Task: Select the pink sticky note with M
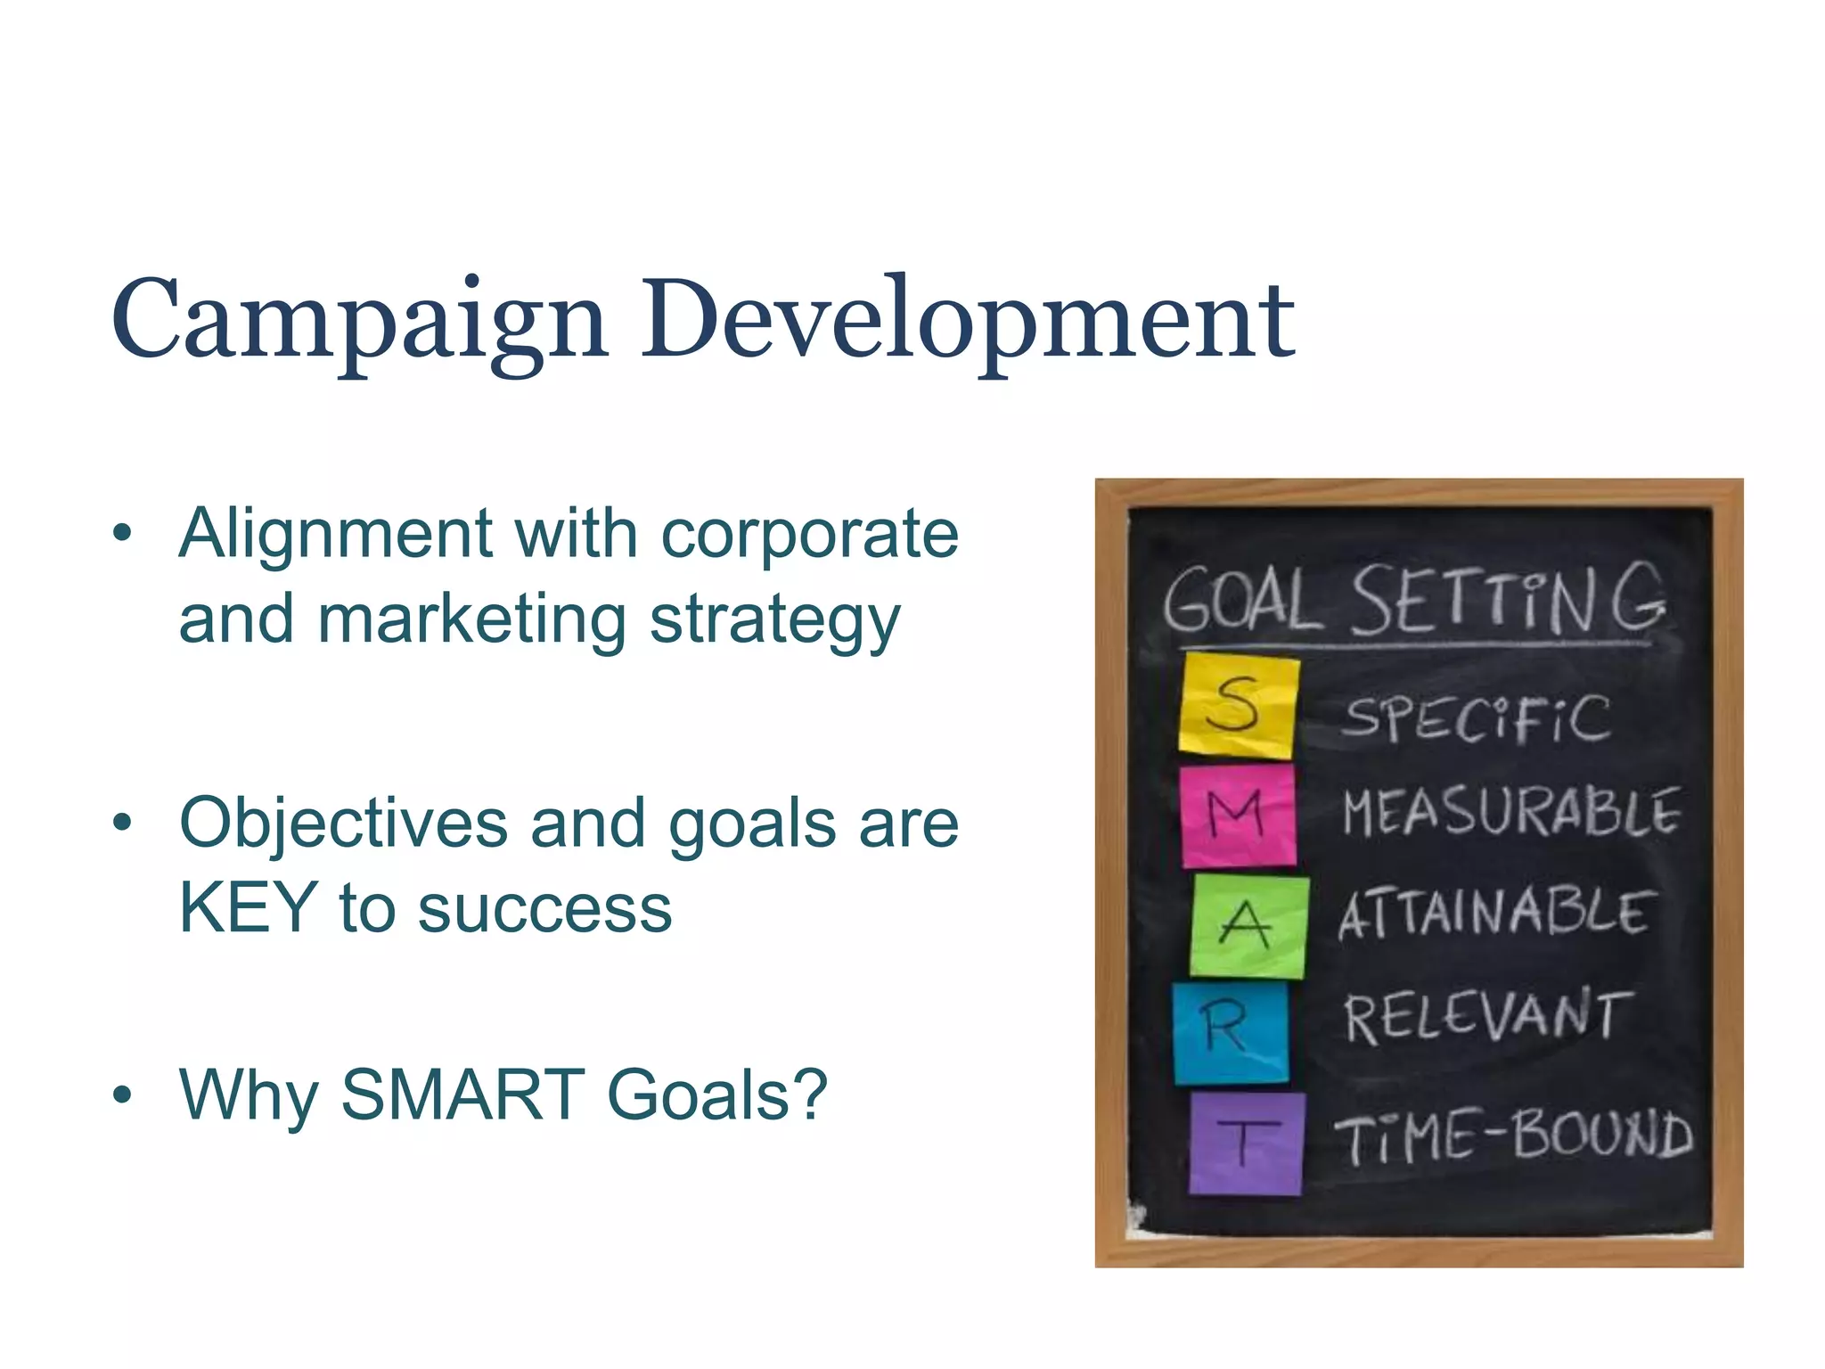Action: (1238, 816)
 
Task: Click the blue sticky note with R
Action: (1231, 1032)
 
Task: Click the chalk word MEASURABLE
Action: (1511, 813)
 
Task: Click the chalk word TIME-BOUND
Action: (1512, 1136)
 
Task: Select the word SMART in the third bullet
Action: (462, 1094)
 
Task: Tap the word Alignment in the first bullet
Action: (335, 534)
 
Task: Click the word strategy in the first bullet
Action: (774, 621)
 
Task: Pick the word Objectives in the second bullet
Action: (343, 823)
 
